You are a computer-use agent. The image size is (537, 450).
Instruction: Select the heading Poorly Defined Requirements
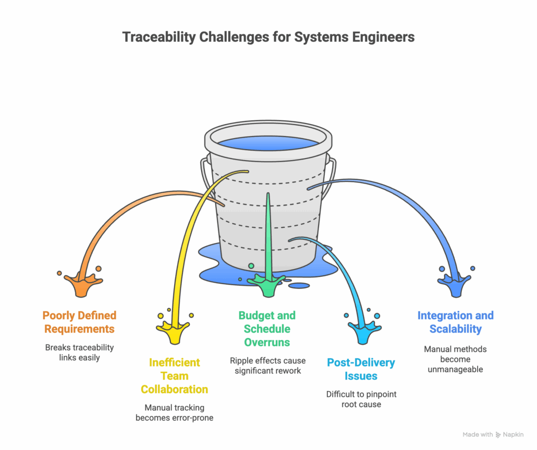(x=79, y=322)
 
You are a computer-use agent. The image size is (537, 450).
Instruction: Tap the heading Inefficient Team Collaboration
(x=174, y=376)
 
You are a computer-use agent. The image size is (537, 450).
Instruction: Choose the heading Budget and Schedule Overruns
(x=267, y=329)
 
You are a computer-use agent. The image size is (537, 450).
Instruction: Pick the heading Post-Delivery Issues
(x=361, y=369)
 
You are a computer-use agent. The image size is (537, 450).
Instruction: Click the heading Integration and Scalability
(x=455, y=322)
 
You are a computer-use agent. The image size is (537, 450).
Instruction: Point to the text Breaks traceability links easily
(x=79, y=353)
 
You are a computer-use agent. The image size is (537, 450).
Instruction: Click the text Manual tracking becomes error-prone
(x=174, y=412)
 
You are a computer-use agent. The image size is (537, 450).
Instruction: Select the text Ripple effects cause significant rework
(x=267, y=366)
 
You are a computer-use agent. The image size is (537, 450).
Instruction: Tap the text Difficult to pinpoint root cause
(x=361, y=399)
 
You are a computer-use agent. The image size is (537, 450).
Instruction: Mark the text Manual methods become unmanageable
(x=455, y=359)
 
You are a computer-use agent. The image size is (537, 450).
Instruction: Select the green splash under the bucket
(x=267, y=286)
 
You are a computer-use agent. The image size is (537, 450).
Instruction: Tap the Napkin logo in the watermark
(x=498, y=434)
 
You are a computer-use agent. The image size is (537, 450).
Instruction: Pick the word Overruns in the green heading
(x=267, y=343)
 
